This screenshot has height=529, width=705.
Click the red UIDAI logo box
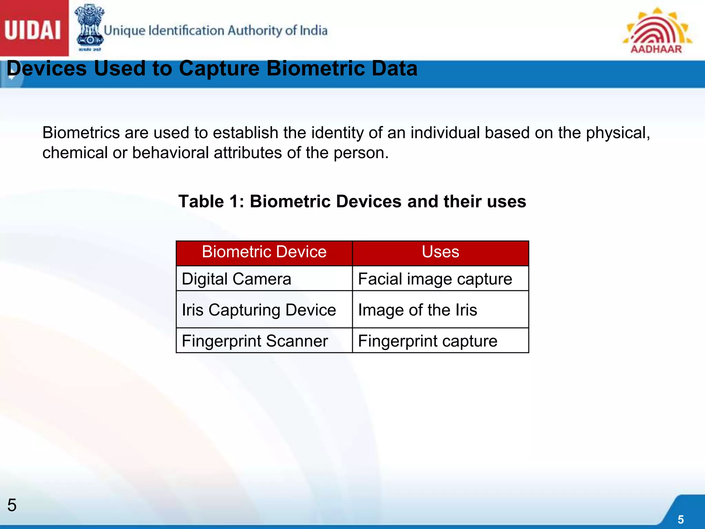(33, 28)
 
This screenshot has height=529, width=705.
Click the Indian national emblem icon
(90, 28)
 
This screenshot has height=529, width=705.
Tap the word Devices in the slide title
(47, 68)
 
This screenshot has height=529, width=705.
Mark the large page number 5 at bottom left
(12, 505)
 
